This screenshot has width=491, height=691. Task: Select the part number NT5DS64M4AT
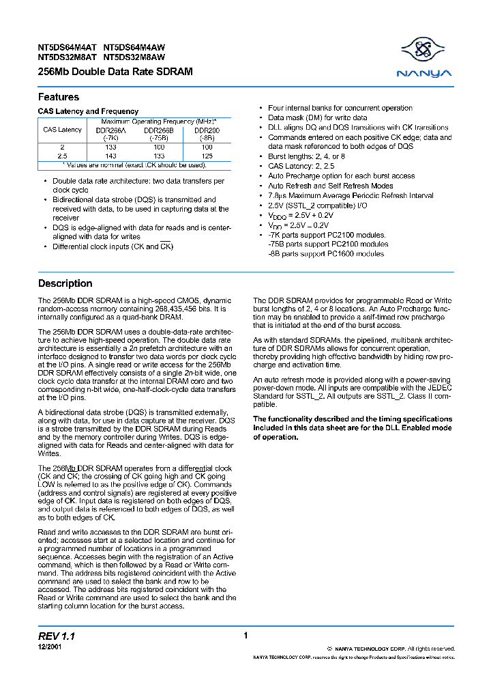pyautogui.click(x=68, y=48)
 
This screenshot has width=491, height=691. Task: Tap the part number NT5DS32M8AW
pyautogui.click(x=134, y=58)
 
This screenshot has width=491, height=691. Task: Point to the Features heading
pyautogui.click(x=59, y=97)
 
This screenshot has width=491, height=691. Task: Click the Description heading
pyautogui.click(x=65, y=283)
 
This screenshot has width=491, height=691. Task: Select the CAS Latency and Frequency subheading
pyautogui.click(x=88, y=111)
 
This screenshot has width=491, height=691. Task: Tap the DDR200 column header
pyautogui.click(x=207, y=129)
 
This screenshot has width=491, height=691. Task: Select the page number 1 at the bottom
pyautogui.click(x=245, y=636)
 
